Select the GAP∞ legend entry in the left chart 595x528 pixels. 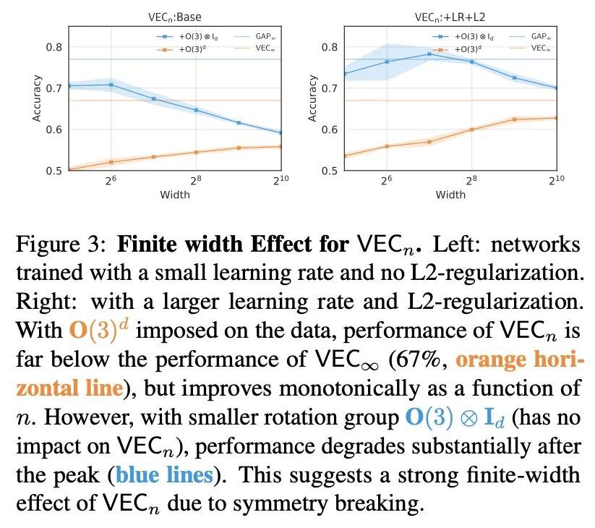pyautogui.click(x=257, y=34)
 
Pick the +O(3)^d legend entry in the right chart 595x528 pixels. pyautogui.click(x=471, y=48)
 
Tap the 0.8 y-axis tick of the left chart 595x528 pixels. pyautogui.click(x=55, y=48)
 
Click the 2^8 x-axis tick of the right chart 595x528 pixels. pyautogui.click(x=471, y=181)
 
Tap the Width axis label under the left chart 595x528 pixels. pyautogui.click(x=176, y=195)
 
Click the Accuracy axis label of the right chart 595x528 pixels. pyautogui.click(x=313, y=98)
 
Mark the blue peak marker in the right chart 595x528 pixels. pyautogui.click(x=429, y=54)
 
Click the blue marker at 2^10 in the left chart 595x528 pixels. pyautogui.click(x=280, y=133)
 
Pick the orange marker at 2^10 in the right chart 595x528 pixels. pyautogui.click(x=557, y=118)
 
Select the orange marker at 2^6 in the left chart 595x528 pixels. pyautogui.click(x=111, y=162)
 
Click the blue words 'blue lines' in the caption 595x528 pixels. pyautogui.click(x=165, y=475)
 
